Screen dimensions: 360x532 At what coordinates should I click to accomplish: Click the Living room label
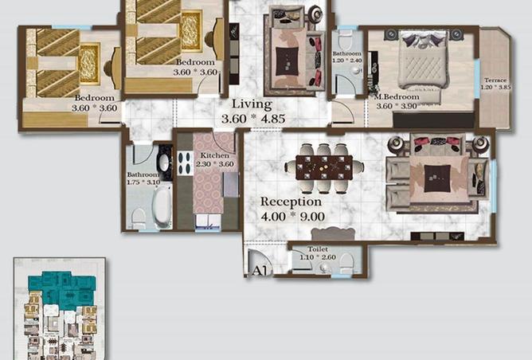point(252,104)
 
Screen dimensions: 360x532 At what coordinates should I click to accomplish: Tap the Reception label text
point(290,202)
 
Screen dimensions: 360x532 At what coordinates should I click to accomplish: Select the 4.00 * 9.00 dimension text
point(291,216)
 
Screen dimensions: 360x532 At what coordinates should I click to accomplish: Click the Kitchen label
point(215,155)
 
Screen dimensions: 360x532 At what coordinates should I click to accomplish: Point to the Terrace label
point(495,80)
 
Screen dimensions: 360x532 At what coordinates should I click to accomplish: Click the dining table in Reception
point(324,167)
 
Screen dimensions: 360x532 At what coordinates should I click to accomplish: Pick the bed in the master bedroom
point(423,61)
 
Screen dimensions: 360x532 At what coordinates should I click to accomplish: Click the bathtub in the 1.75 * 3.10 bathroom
point(162,206)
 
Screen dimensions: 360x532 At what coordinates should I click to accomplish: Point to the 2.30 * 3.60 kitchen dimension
point(215,164)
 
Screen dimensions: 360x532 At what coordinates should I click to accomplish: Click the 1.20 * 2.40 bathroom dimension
point(347,61)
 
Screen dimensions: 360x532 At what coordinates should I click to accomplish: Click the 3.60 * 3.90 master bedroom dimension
point(396,106)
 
